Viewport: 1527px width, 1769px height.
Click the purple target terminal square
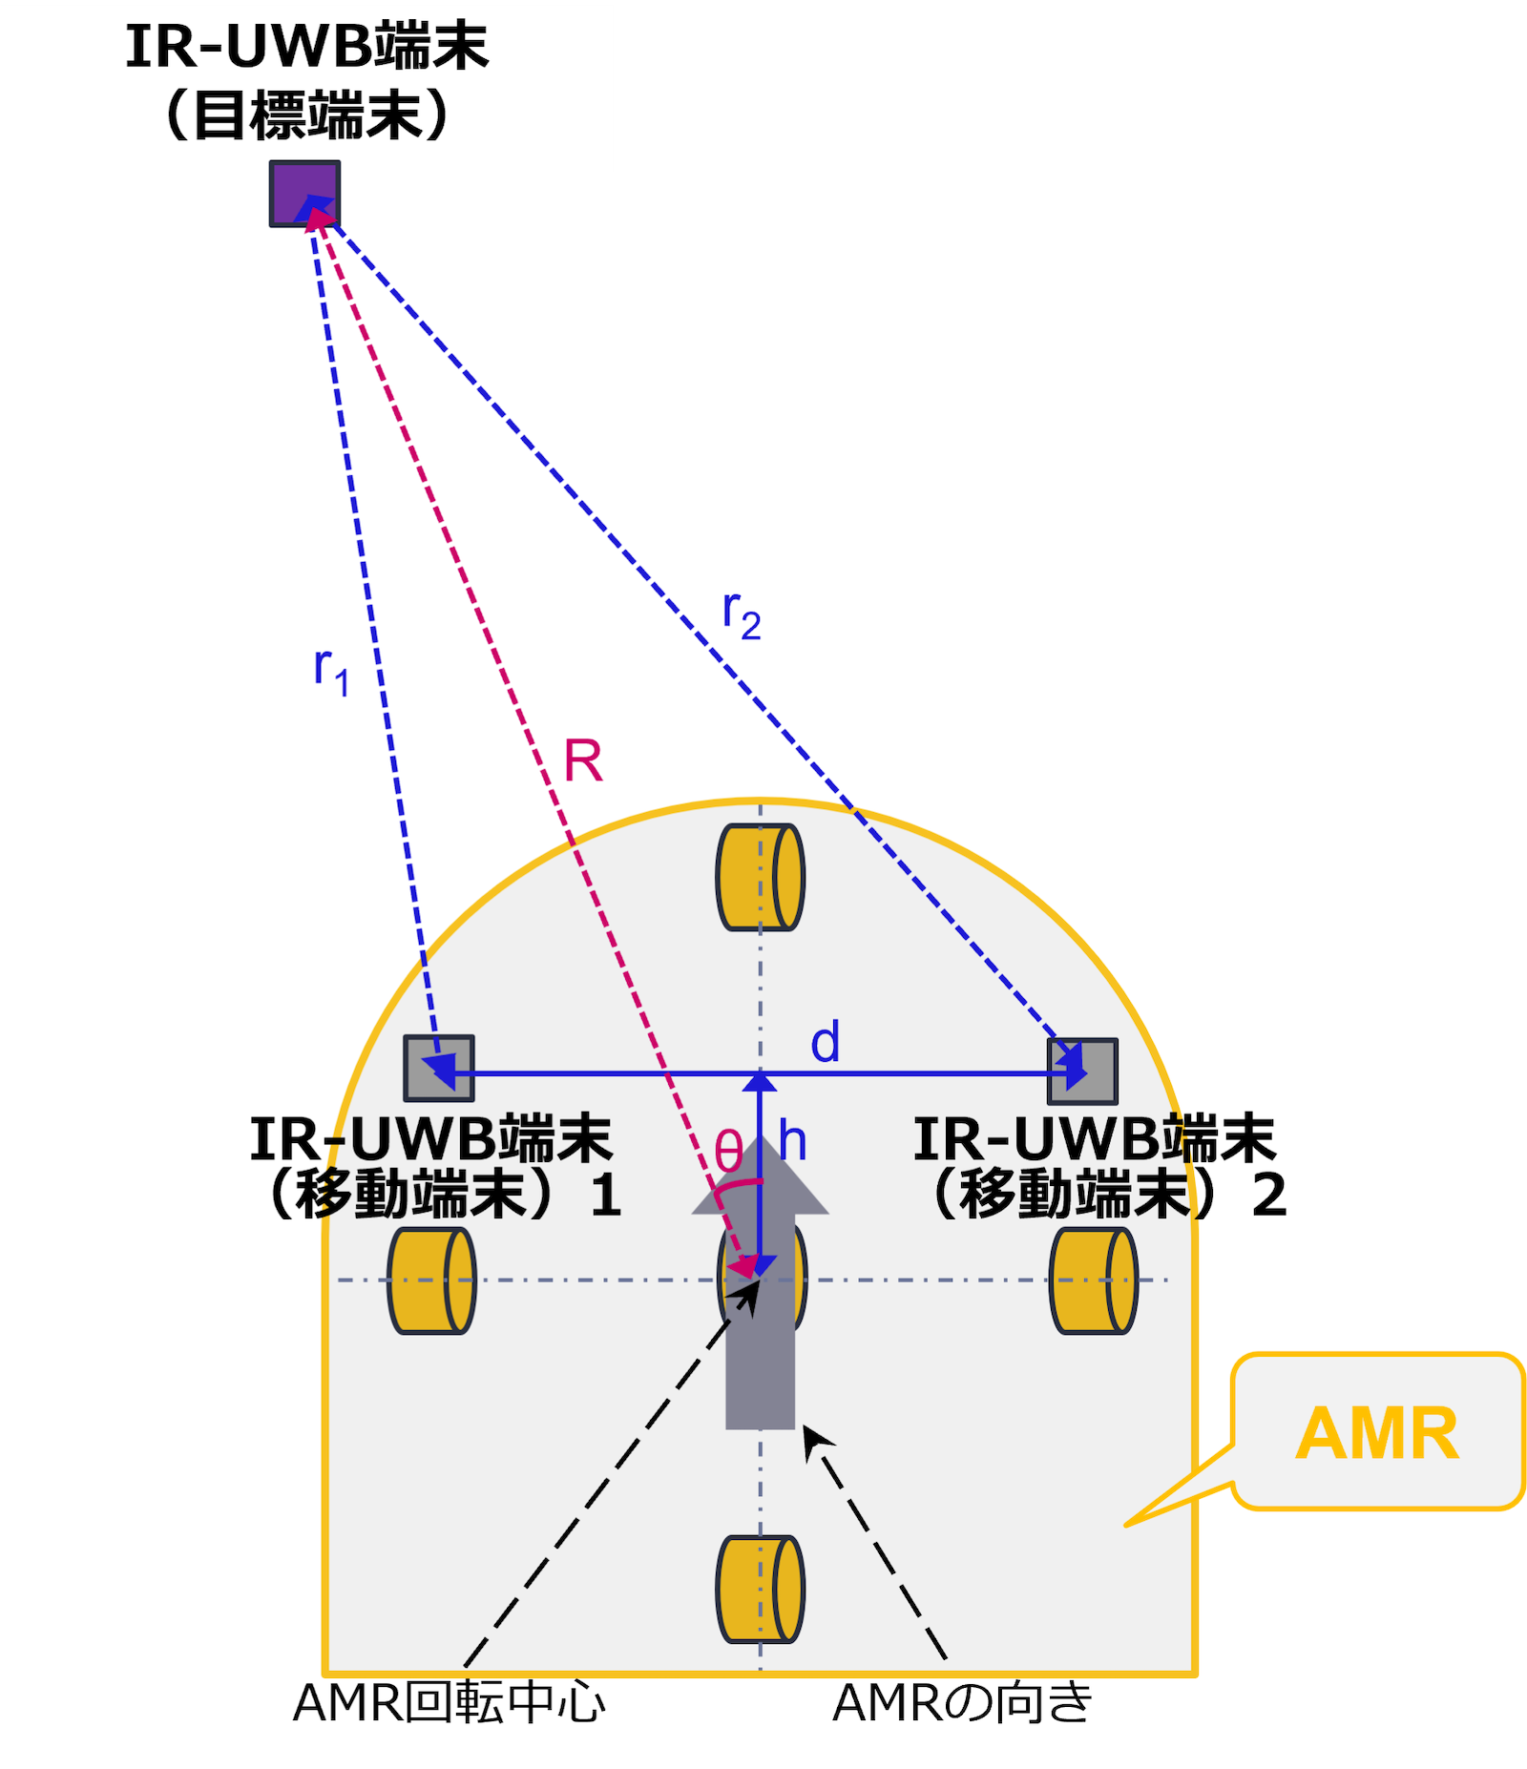click(x=304, y=194)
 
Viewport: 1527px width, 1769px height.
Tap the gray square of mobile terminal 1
click(x=438, y=1068)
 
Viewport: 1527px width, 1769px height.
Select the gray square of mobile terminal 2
click(x=1082, y=1071)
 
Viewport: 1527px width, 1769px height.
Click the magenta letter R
click(x=583, y=761)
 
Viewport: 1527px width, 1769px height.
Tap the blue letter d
click(x=826, y=1042)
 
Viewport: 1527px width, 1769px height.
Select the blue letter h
click(x=792, y=1141)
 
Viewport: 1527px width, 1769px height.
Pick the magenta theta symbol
click(x=728, y=1152)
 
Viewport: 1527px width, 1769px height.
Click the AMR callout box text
click(x=1377, y=1433)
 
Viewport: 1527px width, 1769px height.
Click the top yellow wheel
click(x=760, y=877)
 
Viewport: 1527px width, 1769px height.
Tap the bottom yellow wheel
click(x=760, y=1589)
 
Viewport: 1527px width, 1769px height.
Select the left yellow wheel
click(x=431, y=1280)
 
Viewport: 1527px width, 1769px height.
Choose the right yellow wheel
click(x=1093, y=1280)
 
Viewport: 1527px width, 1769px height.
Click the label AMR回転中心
click(x=449, y=1703)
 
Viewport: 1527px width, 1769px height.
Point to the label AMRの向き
click(x=962, y=1703)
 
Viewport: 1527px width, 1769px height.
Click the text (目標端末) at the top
click(x=307, y=116)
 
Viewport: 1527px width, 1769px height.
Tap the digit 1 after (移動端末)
click(x=605, y=1196)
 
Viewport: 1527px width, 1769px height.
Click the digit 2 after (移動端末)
click(x=1268, y=1196)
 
